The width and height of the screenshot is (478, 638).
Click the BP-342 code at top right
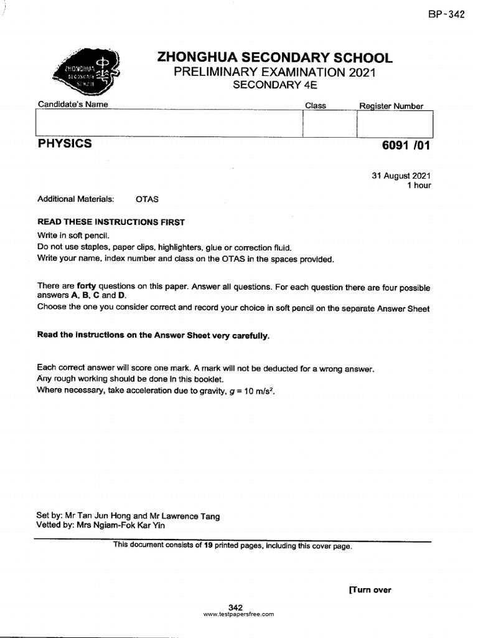[x=446, y=15]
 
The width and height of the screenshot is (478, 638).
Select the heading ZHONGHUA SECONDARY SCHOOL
[x=274, y=58]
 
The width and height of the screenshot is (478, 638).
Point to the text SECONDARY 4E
[x=274, y=85]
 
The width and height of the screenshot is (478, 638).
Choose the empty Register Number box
[x=394, y=123]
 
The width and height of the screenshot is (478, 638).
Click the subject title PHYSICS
[x=65, y=144]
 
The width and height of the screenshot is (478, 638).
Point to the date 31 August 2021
[x=401, y=176]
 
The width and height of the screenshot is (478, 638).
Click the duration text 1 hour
[x=418, y=185]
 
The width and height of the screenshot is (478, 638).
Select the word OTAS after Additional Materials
[x=147, y=199]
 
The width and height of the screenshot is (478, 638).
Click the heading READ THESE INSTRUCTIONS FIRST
[x=111, y=222]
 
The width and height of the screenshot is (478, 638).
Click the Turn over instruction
[x=370, y=590]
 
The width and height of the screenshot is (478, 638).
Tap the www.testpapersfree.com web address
[x=238, y=614]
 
